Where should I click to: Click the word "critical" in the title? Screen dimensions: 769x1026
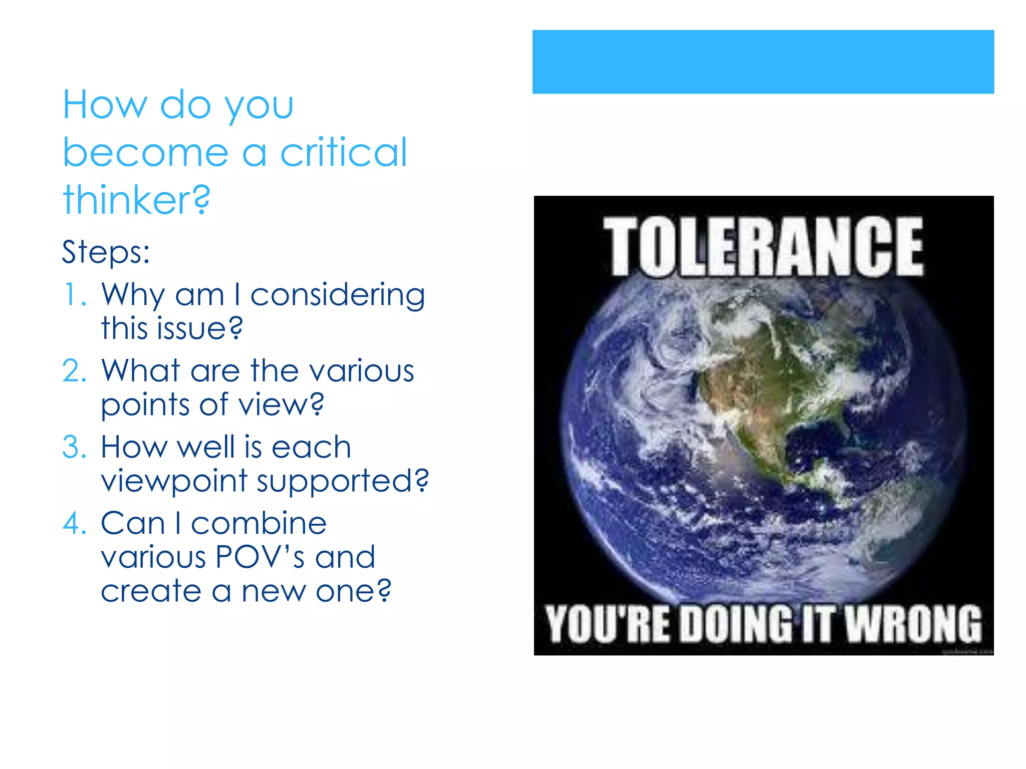(343, 152)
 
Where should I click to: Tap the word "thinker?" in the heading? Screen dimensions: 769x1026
(136, 200)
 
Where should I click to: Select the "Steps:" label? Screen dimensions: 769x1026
(106, 252)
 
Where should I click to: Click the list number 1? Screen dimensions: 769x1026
(73, 294)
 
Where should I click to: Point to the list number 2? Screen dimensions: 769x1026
(74, 371)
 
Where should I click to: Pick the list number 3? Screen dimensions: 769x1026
(74, 447)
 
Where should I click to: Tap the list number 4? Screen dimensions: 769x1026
(74, 524)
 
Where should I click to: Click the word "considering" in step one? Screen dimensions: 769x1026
(337, 295)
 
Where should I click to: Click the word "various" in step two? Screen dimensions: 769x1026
(361, 371)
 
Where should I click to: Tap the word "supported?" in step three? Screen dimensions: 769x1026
(343, 482)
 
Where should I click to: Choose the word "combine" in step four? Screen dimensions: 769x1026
(259, 524)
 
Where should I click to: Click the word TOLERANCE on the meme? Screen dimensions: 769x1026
(763, 246)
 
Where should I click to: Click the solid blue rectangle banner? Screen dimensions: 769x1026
(763, 62)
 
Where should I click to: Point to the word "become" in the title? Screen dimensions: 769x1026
(145, 152)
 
